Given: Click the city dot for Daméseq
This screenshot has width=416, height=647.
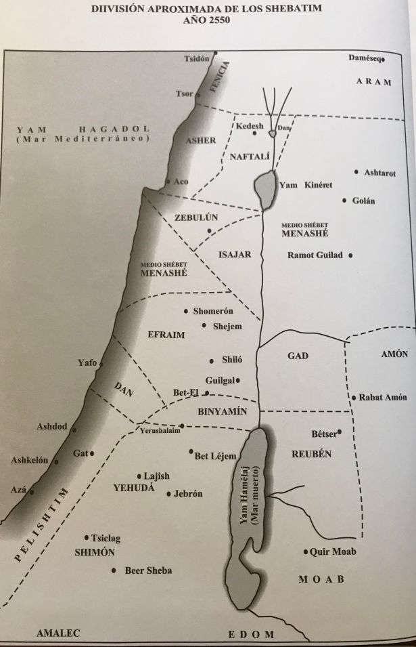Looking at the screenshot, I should (x=384, y=60).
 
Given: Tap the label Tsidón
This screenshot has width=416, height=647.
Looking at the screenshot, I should (x=198, y=59).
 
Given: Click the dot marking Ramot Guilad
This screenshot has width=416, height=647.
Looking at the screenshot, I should (x=351, y=255).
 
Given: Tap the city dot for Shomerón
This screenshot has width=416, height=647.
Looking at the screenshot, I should (x=186, y=311).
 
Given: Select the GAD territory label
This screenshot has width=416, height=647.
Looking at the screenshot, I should (x=298, y=355).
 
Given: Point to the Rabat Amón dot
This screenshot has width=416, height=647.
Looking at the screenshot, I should (x=353, y=398).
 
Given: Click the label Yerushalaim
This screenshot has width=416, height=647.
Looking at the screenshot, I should (x=160, y=431).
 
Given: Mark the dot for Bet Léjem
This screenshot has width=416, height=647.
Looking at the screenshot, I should (x=191, y=451).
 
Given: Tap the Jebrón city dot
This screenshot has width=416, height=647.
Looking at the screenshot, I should (x=168, y=494).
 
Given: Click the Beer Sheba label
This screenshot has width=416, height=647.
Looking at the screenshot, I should (x=148, y=570).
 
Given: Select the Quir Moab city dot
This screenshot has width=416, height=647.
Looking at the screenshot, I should (x=306, y=551).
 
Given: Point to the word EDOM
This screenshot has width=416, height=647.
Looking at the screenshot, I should (x=251, y=634).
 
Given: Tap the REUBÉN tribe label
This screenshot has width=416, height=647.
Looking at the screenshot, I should (x=312, y=454).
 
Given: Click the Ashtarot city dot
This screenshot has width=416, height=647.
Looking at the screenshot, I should (x=356, y=172).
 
